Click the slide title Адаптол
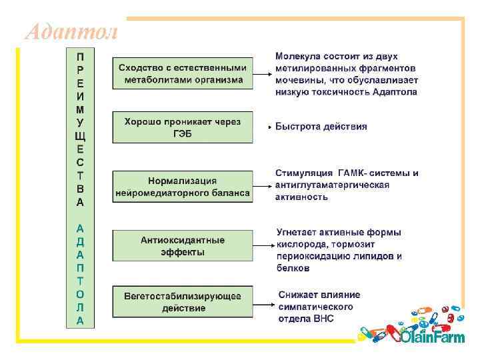(x=71, y=31)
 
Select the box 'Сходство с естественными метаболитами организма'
(x=183, y=74)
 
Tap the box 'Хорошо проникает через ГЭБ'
(x=183, y=127)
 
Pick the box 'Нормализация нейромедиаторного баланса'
(x=183, y=187)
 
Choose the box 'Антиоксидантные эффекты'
(x=183, y=246)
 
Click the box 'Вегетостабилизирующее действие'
(x=183, y=302)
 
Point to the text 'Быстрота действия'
(x=321, y=127)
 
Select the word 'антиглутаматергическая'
(x=332, y=185)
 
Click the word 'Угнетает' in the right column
(x=299, y=233)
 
